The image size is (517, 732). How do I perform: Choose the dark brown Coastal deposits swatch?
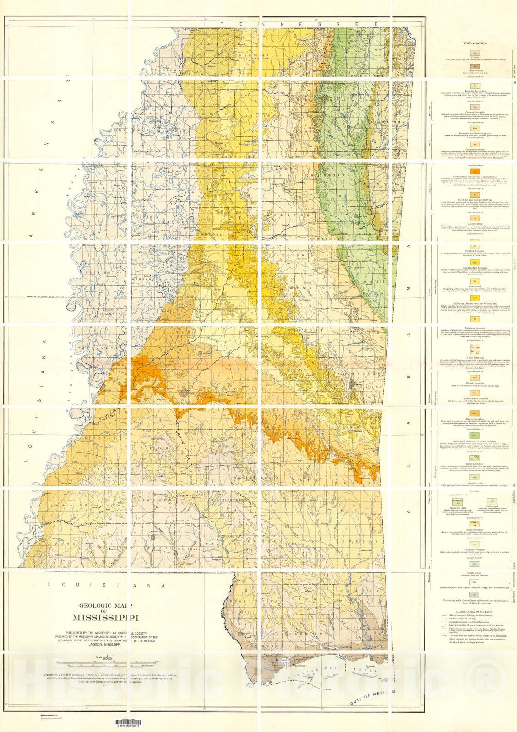coord(475,67)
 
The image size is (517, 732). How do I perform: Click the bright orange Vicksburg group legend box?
coord(475,171)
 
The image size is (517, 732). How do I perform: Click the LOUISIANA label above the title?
coord(107,585)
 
